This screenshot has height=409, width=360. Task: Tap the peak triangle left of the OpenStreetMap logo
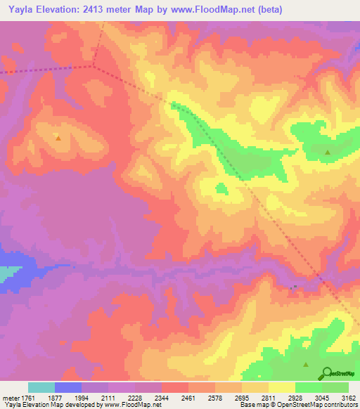pyautogui.click(x=306, y=364)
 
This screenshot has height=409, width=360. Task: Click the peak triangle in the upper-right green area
pyautogui.click(x=328, y=152)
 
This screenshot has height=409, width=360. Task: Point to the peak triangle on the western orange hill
pyautogui.click(x=58, y=138)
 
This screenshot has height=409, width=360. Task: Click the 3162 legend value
pyautogui.click(x=349, y=398)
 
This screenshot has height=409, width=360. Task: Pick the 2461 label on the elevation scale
pyautogui.click(x=188, y=398)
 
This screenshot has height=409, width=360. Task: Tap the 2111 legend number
pyautogui.click(x=108, y=398)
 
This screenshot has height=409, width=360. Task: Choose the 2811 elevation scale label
pyautogui.click(x=269, y=398)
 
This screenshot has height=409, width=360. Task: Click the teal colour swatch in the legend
pyautogui.click(x=41, y=387)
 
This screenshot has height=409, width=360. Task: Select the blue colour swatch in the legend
pyautogui.click(x=68, y=387)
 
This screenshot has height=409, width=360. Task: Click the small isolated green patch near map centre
pyautogui.click(x=221, y=188)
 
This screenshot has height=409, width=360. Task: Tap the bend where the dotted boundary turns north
pyautogui.click(x=94, y=66)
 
